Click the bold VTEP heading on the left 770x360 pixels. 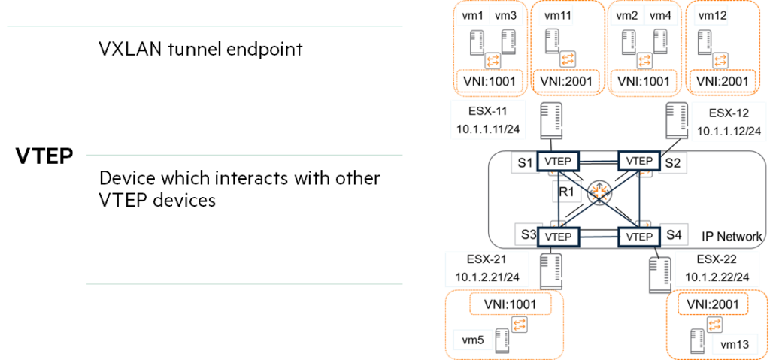tap(44, 156)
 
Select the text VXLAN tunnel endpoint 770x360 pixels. tap(201, 50)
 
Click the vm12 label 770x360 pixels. tap(712, 17)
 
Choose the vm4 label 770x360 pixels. tap(661, 17)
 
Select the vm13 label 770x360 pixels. tap(735, 346)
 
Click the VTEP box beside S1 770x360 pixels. tap(559, 161)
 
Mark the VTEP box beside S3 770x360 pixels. tap(559, 237)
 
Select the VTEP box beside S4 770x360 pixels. tap(638, 237)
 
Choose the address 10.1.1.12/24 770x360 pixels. tap(729, 131)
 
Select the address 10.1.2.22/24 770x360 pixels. tap(717, 277)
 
